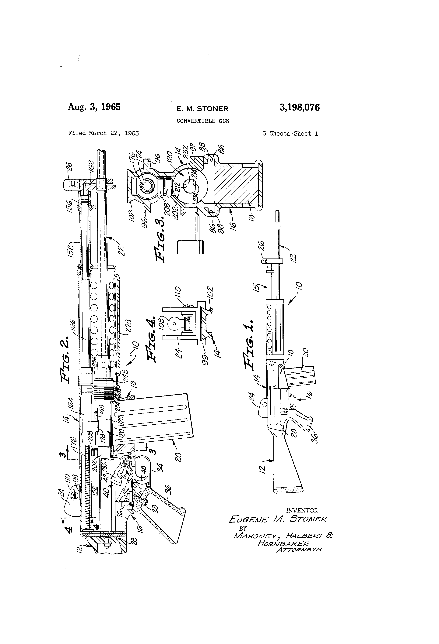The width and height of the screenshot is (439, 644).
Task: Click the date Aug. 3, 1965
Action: coord(94,107)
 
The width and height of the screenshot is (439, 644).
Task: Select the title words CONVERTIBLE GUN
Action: coord(203,121)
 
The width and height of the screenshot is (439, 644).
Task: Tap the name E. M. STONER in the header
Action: coord(203,109)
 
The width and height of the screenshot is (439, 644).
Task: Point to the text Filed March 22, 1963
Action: coord(104,133)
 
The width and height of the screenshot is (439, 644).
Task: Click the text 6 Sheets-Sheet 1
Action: coord(290,134)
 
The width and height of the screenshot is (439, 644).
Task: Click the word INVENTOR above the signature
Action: coord(302,510)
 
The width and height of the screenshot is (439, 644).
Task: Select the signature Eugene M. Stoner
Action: coord(277,519)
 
